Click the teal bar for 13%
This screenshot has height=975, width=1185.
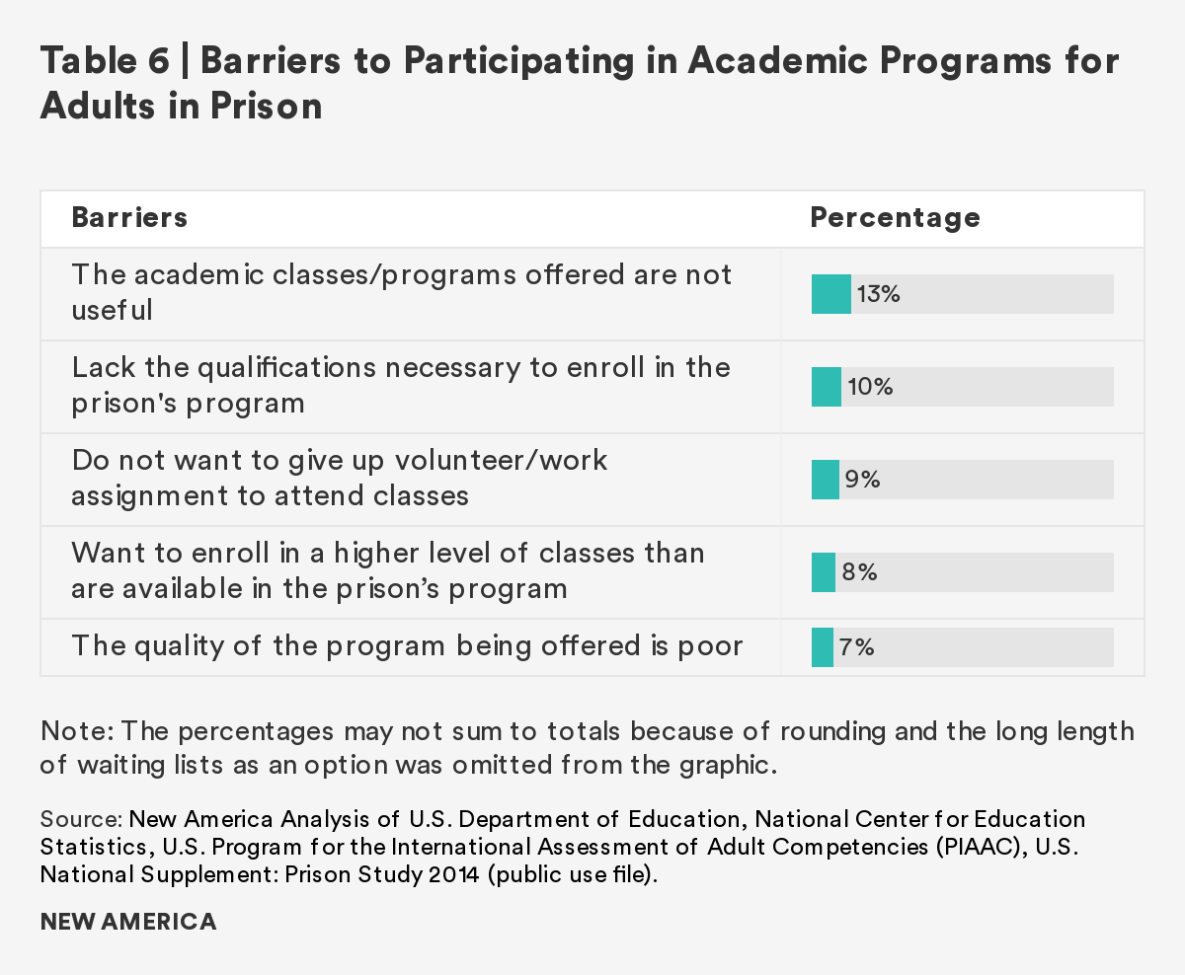[x=830, y=294]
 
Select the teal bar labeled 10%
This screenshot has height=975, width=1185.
[x=827, y=387]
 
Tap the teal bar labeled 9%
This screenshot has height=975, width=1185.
[x=826, y=480]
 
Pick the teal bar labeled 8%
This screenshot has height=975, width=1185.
[x=824, y=572]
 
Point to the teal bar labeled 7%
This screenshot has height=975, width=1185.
[x=823, y=647]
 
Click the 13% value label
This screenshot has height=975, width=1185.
[x=879, y=294]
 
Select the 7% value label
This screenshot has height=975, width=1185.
[x=858, y=647]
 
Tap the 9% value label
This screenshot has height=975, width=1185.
[x=862, y=480]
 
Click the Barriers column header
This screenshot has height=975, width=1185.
[x=129, y=217]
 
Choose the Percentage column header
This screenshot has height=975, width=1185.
[x=895, y=217]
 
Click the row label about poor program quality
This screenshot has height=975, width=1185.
[x=407, y=647]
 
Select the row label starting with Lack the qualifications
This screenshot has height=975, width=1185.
[x=401, y=385]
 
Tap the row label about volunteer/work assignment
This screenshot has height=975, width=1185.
[x=340, y=478]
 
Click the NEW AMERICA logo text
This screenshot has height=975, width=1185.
[x=128, y=922]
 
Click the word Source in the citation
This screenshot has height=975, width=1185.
[x=79, y=820]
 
